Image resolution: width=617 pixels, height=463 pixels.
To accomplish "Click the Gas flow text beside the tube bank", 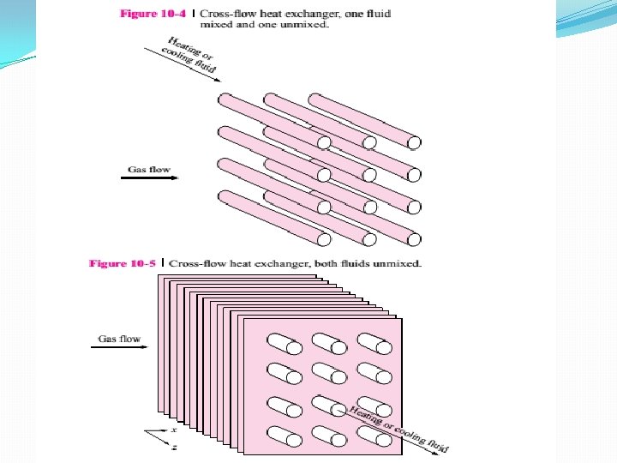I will (148, 170).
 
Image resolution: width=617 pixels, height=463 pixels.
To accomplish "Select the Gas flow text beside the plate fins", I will (119, 339).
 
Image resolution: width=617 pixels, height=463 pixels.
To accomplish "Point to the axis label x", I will (173, 429).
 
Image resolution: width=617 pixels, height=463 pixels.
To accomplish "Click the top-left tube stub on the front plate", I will (280, 345).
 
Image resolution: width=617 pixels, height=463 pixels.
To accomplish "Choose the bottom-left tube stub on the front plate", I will (280, 436).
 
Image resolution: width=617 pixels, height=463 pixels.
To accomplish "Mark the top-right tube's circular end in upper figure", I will (414, 143).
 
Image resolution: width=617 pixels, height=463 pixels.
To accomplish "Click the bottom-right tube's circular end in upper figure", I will (414, 237).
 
